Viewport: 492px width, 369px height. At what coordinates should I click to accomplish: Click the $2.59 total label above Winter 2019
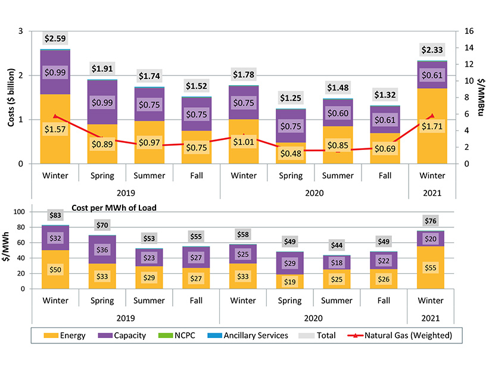pyautogui.click(x=55, y=39)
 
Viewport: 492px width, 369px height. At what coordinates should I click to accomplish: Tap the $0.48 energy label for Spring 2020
pyautogui.click(x=291, y=153)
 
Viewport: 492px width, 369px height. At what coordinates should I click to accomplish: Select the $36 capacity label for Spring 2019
pyautogui.click(x=102, y=250)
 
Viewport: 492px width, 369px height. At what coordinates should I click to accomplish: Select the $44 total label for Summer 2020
pyautogui.click(x=338, y=245)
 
